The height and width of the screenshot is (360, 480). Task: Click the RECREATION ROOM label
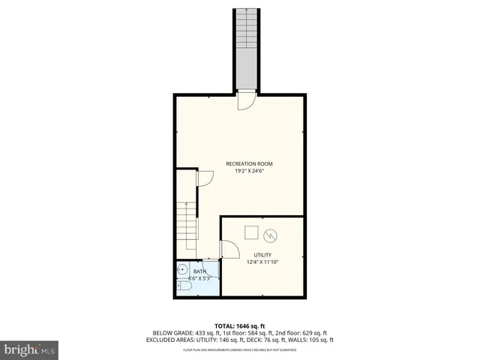pyautogui.click(x=249, y=163)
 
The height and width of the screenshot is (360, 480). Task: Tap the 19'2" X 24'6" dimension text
pyautogui.click(x=249, y=171)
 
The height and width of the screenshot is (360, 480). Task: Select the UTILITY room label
pyautogui.click(x=262, y=255)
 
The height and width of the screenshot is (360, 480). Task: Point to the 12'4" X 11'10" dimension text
pyautogui.click(x=262, y=262)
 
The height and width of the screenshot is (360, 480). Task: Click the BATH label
pyautogui.click(x=199, y=271)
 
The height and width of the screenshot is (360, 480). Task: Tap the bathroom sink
pyautogui.click(x=182, y=271)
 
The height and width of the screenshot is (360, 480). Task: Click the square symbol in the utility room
pyautogui.click(x=251, y=232)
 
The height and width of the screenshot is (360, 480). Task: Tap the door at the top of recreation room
pyautogui.click(x=246, y=101)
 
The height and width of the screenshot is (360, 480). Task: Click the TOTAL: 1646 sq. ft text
pyautogui.click(x=240, y=325)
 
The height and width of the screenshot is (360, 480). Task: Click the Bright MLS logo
pyautogui.click(x=30, y=349)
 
